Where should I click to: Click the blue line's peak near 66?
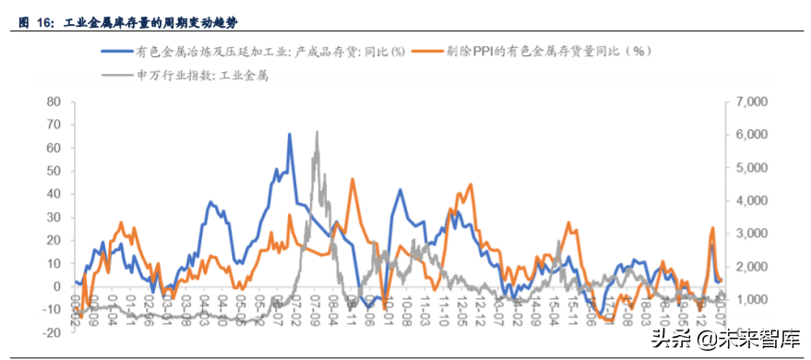coord(290,135)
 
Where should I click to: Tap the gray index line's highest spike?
coord(316,131)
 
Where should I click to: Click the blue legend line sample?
coord(117,53)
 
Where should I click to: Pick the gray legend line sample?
coord(117,76)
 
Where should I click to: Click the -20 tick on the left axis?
coord(52,333)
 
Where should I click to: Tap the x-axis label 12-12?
coord(482,306)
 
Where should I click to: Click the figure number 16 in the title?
coord(43,19)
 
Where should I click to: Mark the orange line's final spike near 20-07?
coord(713,227)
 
